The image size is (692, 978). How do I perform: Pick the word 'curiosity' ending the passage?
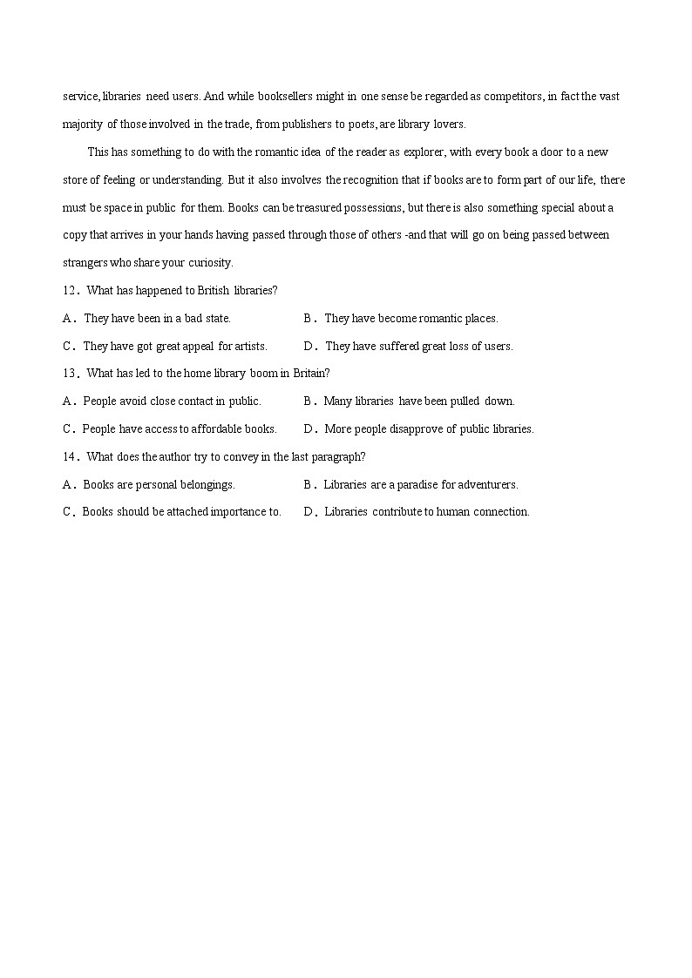210,263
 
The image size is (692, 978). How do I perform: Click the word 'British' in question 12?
213,291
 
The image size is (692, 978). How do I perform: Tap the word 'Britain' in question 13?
310,374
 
